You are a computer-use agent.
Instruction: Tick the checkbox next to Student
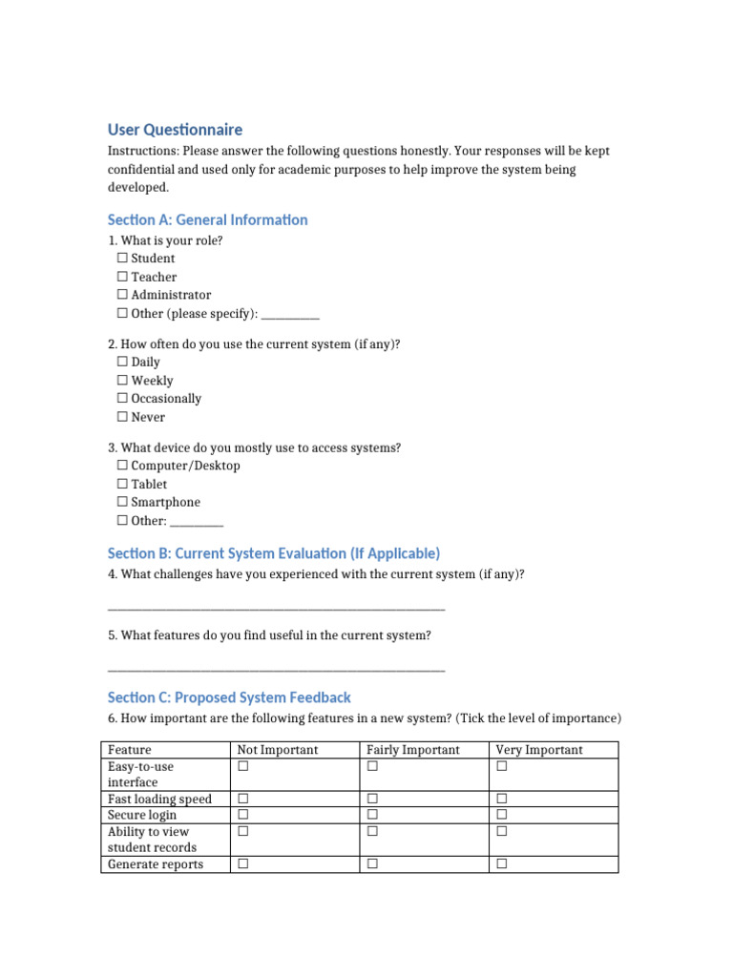(122, 259)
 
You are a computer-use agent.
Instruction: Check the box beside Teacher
(122, 277)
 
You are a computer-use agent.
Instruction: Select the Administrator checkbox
(122, 295)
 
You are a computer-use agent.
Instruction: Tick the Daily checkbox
(122, 362)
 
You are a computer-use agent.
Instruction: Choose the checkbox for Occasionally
(122, 398)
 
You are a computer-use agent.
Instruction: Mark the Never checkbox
(122, 417)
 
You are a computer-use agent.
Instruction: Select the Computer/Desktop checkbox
(122, 466)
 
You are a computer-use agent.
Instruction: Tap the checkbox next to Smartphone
(122, 502)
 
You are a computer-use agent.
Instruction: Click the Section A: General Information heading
(207, 220)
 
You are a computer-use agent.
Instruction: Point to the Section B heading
(274, 553)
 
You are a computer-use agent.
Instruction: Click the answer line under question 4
(276, 609)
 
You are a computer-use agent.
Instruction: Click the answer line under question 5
(276, 670)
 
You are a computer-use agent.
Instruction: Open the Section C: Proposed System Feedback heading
(229, 697)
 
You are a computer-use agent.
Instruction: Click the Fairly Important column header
(412, 750)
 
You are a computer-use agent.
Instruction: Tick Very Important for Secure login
(502, 815)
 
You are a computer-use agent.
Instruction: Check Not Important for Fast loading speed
(243, 799)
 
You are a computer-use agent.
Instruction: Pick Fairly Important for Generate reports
(372, 864)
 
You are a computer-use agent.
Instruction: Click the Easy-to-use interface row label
(141, 774)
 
